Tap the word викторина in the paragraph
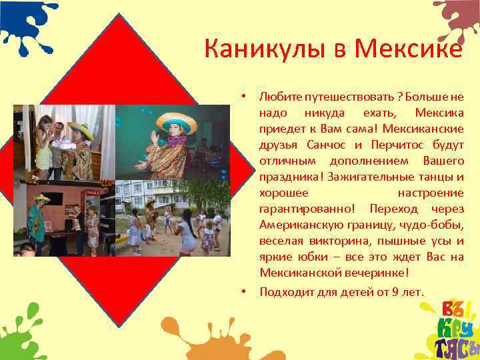tap(327, 241)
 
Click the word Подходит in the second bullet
tap(281, 291)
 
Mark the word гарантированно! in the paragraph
tap(307, 209)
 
